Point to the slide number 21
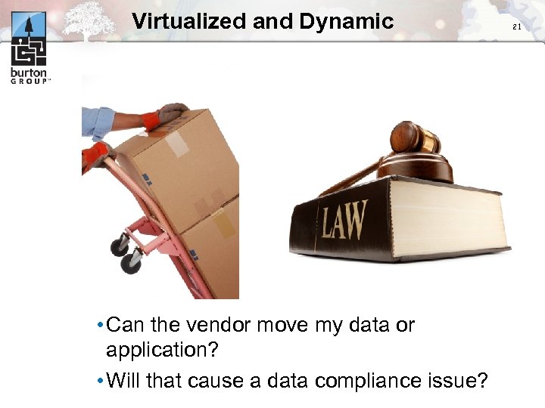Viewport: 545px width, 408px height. coord(518,27)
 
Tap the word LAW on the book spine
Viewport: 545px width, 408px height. coord(344,220)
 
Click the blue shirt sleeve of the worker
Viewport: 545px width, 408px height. coord(98,121)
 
